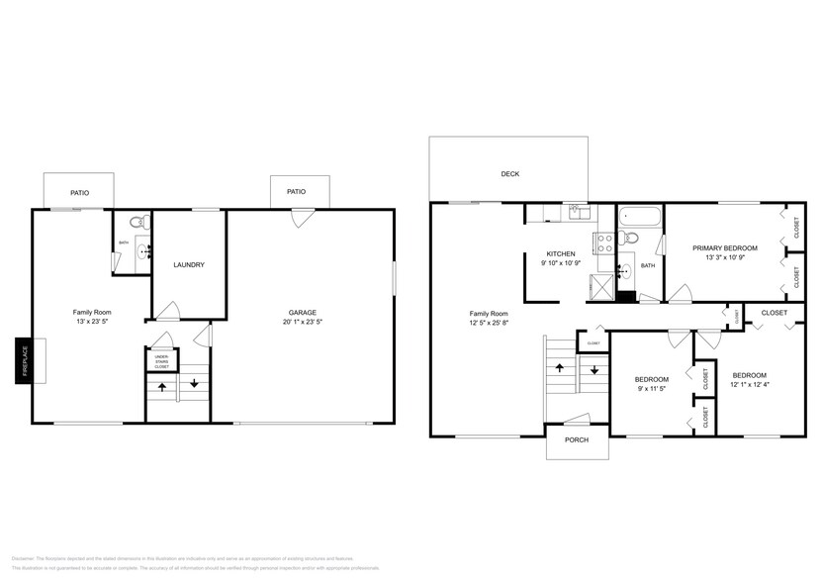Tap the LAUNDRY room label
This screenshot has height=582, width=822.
coord(189,264)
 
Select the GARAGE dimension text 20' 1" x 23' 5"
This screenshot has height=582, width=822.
coord(302,321)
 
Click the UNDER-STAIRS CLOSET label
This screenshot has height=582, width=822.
coord(161,361)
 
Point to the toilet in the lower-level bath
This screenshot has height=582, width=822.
coord(142,221)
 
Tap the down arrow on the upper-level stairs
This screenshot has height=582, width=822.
coord(595,370)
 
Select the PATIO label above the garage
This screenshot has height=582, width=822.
coord(296,192)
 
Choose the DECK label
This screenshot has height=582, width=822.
coord(509,174)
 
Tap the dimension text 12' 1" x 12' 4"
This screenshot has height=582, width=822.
coord(750,385)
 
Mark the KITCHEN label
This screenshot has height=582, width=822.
coord(561,253)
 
